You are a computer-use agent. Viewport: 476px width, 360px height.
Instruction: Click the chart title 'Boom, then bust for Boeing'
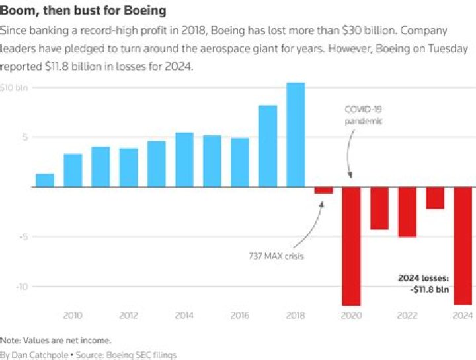point(83,11)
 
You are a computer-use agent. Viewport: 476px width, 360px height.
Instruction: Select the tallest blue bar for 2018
point(296,135)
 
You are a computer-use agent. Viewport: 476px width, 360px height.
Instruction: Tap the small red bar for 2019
point(323,190)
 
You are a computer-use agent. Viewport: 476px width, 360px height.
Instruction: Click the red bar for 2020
point(351,246)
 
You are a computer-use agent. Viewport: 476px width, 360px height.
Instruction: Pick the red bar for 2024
point(463,246)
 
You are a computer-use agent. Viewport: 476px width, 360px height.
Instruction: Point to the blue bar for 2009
point(45,180)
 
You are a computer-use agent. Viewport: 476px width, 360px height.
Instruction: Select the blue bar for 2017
point(268,146)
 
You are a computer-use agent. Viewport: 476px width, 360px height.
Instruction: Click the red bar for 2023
point(435,198)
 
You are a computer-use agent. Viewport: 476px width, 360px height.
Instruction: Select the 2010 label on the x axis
point(73,316)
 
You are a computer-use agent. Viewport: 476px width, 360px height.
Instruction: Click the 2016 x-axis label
point(240,316)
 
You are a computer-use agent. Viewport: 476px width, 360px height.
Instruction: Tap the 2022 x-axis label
point(407,316)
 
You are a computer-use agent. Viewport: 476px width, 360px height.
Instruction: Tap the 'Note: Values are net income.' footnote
point(56,340)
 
